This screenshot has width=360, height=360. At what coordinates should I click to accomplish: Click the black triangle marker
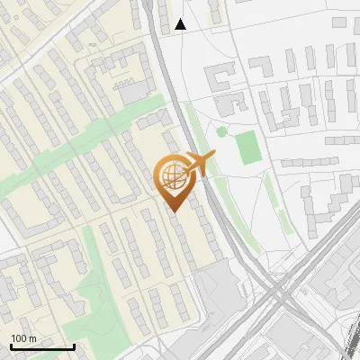(x=181, y=24)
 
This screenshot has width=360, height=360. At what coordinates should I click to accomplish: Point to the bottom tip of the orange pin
(x=173, y=211)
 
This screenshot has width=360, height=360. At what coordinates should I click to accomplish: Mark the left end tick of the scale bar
(x=12, y=346)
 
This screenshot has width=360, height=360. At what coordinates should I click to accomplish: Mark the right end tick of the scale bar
(x=74, y=346)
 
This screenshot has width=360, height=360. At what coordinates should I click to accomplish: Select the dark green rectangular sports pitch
(x=247, y=149)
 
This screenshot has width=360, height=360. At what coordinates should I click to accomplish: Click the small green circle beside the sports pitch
(x=221, y=132)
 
